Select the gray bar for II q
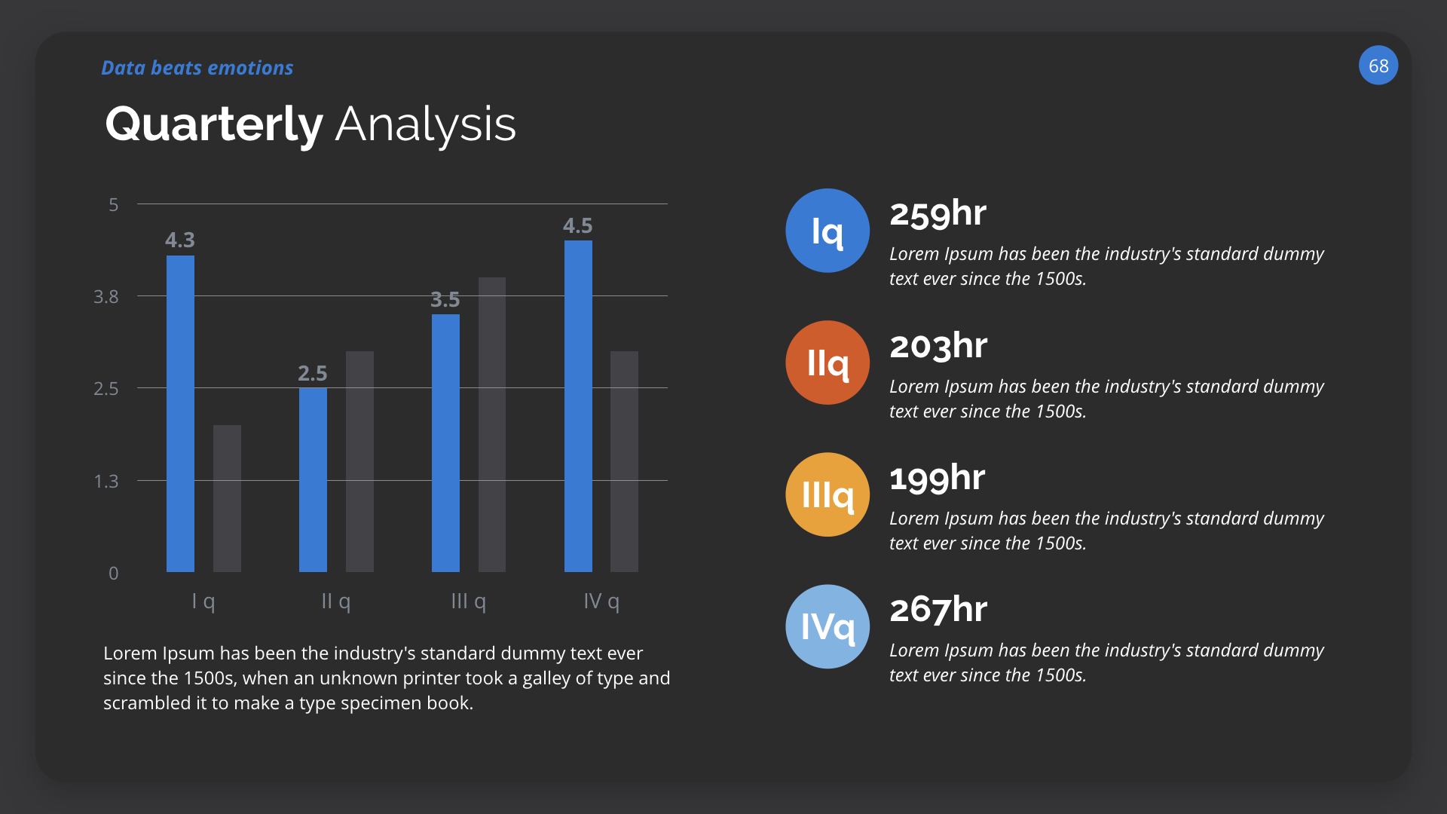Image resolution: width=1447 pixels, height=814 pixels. (x=359, y=461)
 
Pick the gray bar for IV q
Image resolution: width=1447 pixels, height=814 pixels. (x=624, y=461)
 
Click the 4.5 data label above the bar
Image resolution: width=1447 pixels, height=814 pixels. (x=577, y=225)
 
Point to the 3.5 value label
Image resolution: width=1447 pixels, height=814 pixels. (x=445, y=299)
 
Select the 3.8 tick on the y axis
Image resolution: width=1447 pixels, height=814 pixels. (x=106, y=296)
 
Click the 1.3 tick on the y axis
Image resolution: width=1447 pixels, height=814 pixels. (x=106, y=481)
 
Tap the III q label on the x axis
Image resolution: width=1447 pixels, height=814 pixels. (x=468, y=601)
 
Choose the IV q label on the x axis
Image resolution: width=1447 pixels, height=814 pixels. (x=601, y=601)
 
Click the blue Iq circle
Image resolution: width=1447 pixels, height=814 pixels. (x=828, y=231)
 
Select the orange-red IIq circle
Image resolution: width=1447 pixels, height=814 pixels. (x=828, y=363)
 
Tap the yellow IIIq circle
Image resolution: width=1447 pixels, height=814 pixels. (x=828, y=494)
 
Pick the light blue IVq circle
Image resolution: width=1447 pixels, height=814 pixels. (x=828, y=626)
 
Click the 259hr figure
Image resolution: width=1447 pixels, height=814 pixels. (x=938, y=213)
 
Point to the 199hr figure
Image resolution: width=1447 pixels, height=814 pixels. (x=937, y=478)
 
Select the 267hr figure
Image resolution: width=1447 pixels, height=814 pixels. (x=938, y=609)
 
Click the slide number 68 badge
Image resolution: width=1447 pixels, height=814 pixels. (x=1378, y=66)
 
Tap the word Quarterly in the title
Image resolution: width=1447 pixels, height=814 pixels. (x=214, y=124)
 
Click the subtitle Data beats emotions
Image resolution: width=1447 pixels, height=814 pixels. (x=197, y=68)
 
